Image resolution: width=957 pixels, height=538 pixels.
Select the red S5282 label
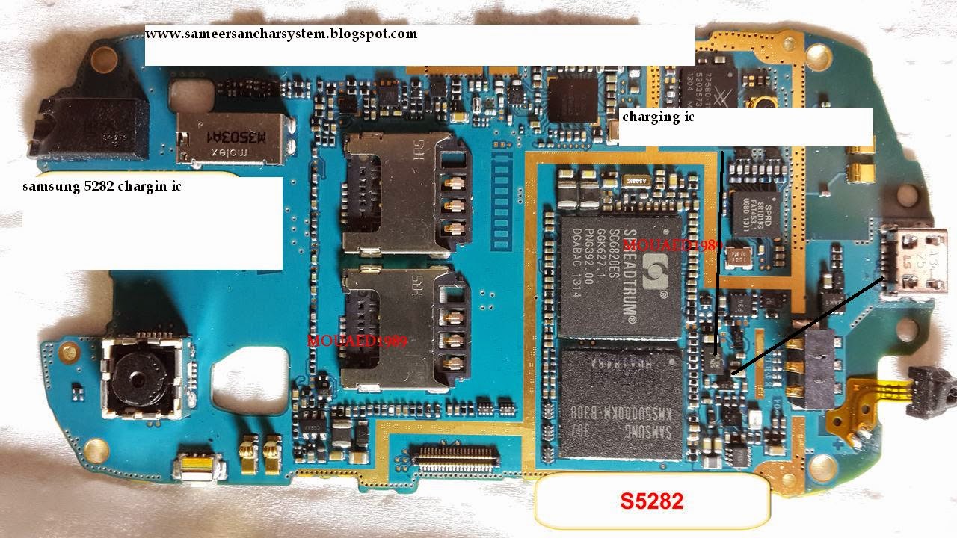click(651, 501)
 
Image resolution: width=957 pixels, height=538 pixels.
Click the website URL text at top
click(281, 34)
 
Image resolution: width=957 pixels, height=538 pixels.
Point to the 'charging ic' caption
click(658, 117)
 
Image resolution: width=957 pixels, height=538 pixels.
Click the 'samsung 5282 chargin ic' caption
click(102, 187)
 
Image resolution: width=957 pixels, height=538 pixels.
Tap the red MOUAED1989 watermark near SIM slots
click(357, 341)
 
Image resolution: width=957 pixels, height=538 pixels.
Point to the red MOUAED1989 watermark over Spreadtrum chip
click(668, 244)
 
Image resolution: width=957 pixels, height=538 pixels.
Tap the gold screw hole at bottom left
click(96, 450)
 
